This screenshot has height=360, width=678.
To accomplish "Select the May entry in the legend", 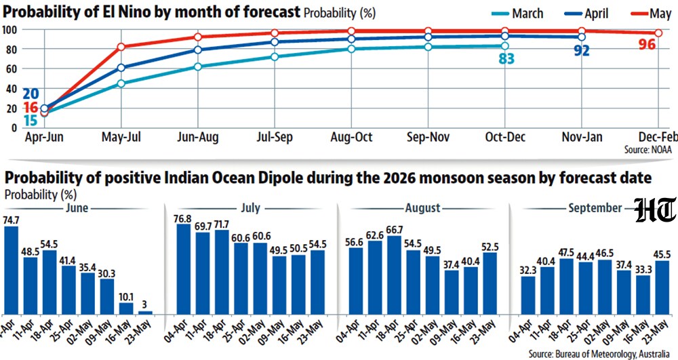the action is tap(652, 14).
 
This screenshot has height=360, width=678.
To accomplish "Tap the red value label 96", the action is tap(647, 44).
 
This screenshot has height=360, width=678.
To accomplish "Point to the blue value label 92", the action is tap(582, 51).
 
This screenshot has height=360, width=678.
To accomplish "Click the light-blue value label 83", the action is tap(506, 58).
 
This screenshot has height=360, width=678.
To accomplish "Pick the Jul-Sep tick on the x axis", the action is tap(275, 138).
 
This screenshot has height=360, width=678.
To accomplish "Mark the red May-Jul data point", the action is tap(121, 47).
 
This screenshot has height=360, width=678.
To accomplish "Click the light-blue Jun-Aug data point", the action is tap(198, 66).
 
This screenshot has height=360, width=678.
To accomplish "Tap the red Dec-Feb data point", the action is tap(658, 33).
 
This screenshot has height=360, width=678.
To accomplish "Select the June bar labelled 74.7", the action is tap(11, 270).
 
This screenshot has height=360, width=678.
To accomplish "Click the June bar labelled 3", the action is tap(144, 313).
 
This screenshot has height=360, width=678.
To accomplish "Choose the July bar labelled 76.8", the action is tap(183, 268).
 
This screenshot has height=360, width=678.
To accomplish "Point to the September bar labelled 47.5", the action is tap(566, 286).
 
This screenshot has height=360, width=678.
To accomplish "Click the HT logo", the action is tap(656, 210).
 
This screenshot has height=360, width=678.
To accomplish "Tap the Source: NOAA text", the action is tap(647, 150).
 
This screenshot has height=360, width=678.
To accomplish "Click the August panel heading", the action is tap(422, 208).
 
